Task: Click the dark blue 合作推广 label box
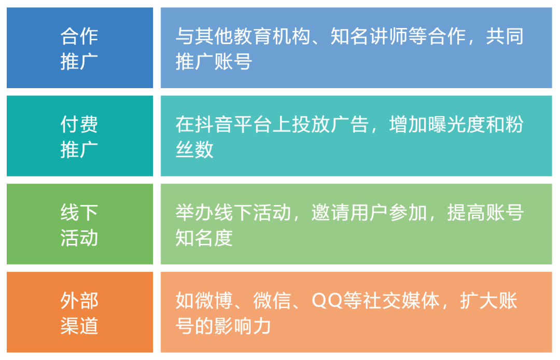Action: click(79, 48)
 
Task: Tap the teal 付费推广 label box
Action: click(79, 136)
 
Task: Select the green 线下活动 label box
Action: click(79, 224)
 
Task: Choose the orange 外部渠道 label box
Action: click(79, 312)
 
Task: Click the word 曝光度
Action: click(456, 125)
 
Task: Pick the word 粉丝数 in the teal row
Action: click(194, 150)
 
